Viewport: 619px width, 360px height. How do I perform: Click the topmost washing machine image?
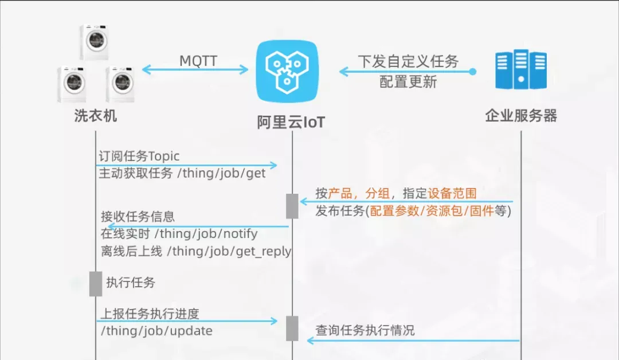coord(95,42)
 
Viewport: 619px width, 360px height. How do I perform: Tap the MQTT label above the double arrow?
coord(198,61)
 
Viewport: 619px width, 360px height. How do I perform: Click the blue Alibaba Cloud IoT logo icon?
coord(287,72)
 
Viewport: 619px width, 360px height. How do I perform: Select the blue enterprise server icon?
coord(521,69)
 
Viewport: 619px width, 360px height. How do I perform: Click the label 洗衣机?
coord(96,116)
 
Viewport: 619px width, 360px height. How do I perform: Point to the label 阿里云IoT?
coord(291,122)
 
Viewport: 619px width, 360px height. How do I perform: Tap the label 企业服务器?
coord(521,116)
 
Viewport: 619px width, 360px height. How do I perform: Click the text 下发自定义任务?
coord(408,61)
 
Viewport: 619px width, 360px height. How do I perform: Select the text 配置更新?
coord(408,82)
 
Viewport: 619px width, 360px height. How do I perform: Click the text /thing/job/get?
coord(221,173)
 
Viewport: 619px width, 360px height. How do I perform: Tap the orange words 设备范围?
coord(452,193)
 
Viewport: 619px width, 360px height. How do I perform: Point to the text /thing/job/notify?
coord(206,234)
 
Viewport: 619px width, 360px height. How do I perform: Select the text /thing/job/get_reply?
coord(229,252)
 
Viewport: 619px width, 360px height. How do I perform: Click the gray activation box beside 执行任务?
coord(96,284)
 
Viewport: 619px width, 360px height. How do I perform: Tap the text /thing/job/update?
coord(156,330)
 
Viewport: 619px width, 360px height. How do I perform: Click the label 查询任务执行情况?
coord(365,330)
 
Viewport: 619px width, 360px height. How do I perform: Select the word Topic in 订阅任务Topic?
coord(164,156)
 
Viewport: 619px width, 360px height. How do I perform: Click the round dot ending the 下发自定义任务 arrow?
coord(472,72)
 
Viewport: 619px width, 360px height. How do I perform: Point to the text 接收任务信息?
coord(138,216)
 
